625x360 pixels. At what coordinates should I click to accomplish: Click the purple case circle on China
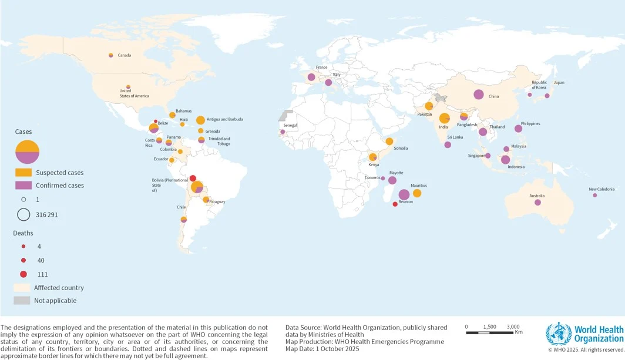479,94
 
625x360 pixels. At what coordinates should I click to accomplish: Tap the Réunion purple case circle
404,194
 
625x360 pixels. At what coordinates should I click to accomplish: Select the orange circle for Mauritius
417,193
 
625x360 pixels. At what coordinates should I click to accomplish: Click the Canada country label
124,55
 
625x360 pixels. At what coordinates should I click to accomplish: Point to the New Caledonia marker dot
594,196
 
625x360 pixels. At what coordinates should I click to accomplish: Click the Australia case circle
537,203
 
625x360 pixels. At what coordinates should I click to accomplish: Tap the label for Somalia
401,148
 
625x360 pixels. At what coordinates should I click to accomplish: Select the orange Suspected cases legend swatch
23,173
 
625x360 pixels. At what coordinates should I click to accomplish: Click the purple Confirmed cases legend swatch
23,186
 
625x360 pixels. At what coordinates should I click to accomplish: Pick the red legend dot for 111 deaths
23,274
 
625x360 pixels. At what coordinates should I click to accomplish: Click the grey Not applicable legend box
22,301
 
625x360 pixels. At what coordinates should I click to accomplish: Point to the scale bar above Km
489,332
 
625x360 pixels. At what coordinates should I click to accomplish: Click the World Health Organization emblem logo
558,334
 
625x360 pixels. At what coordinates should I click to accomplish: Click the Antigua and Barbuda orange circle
200,120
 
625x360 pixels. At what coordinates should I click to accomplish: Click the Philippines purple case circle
518,129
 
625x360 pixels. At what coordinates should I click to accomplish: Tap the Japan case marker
547,96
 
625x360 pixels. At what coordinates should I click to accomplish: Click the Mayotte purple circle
392,180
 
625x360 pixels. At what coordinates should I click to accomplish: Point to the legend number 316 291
47,215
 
